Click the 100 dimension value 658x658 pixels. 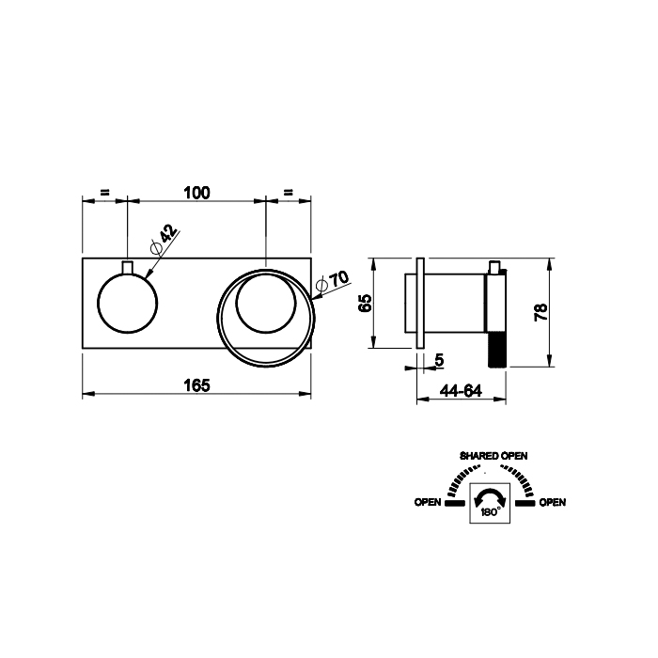coord(196,193)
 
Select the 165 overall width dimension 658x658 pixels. coord(196,385)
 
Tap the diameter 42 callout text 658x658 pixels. coord(164,240)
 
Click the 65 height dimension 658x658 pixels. coord(366,303)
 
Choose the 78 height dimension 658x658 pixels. coord(540,312)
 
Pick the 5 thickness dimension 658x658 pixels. coord(439,360)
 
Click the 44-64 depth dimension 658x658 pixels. coord(461,391)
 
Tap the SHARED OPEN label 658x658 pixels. coord(493,456)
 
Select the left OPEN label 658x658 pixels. coord(428,502)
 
